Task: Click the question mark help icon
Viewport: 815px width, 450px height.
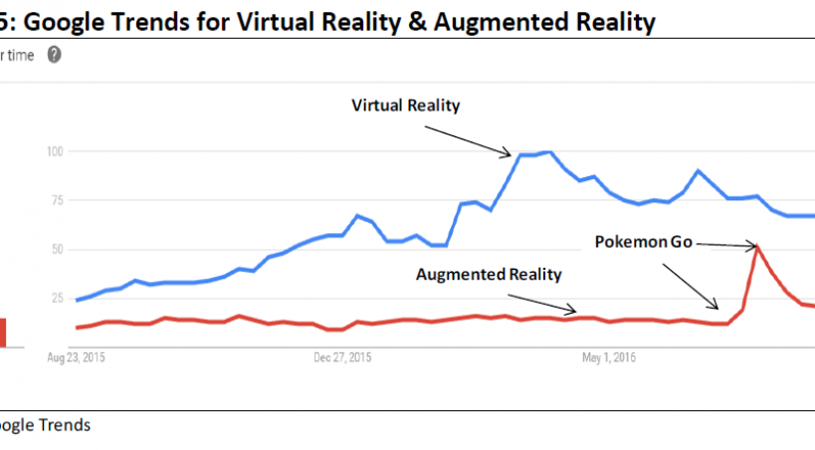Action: (x=54, y=55)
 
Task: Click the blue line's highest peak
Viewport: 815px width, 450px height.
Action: (x=548, y=152)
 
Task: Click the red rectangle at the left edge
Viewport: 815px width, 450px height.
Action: (x=3, y=333)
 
